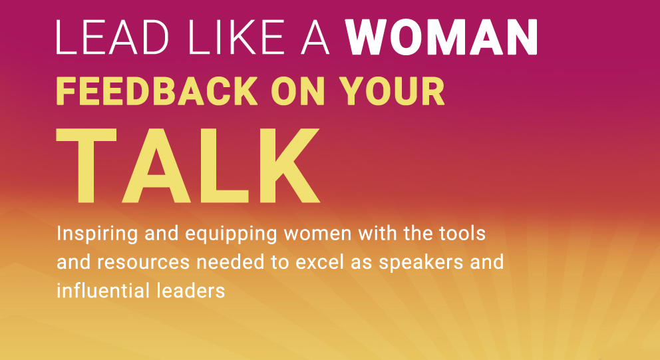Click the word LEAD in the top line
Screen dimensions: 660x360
click(112, 37)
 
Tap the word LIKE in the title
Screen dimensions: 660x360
click(236, 37)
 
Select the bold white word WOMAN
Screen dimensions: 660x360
click(442, 37)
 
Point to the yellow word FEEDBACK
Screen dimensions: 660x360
click(156, 91)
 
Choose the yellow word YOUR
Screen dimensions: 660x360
click(392, 91)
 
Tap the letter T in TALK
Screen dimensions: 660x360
click(86, 166)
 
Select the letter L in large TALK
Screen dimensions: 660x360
click(224, 166)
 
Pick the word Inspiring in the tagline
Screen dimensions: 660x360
click(97, 234)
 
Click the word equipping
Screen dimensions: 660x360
click(231, 234)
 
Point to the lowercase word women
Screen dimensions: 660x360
click(318, 234)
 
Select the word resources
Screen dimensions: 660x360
click(144, 263)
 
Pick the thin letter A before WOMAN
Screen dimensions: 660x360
click(315, 37)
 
